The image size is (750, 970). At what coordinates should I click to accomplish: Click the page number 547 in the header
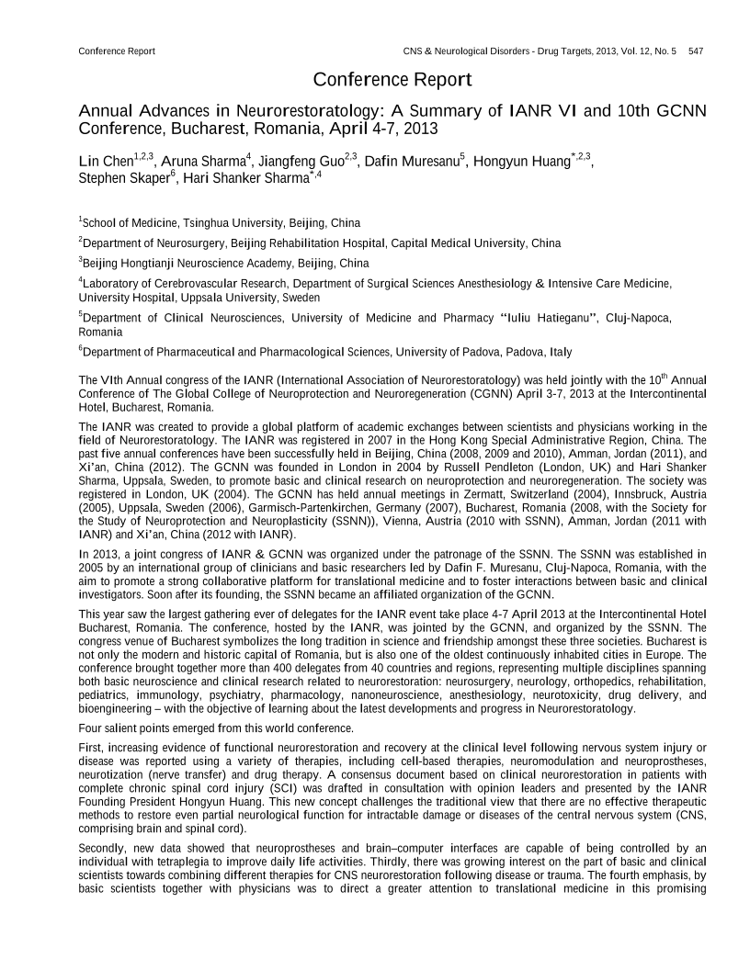pyautogui.click(x=696, y=51)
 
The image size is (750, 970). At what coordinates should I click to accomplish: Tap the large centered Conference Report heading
pyautogui.click(x=392, y=80)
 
